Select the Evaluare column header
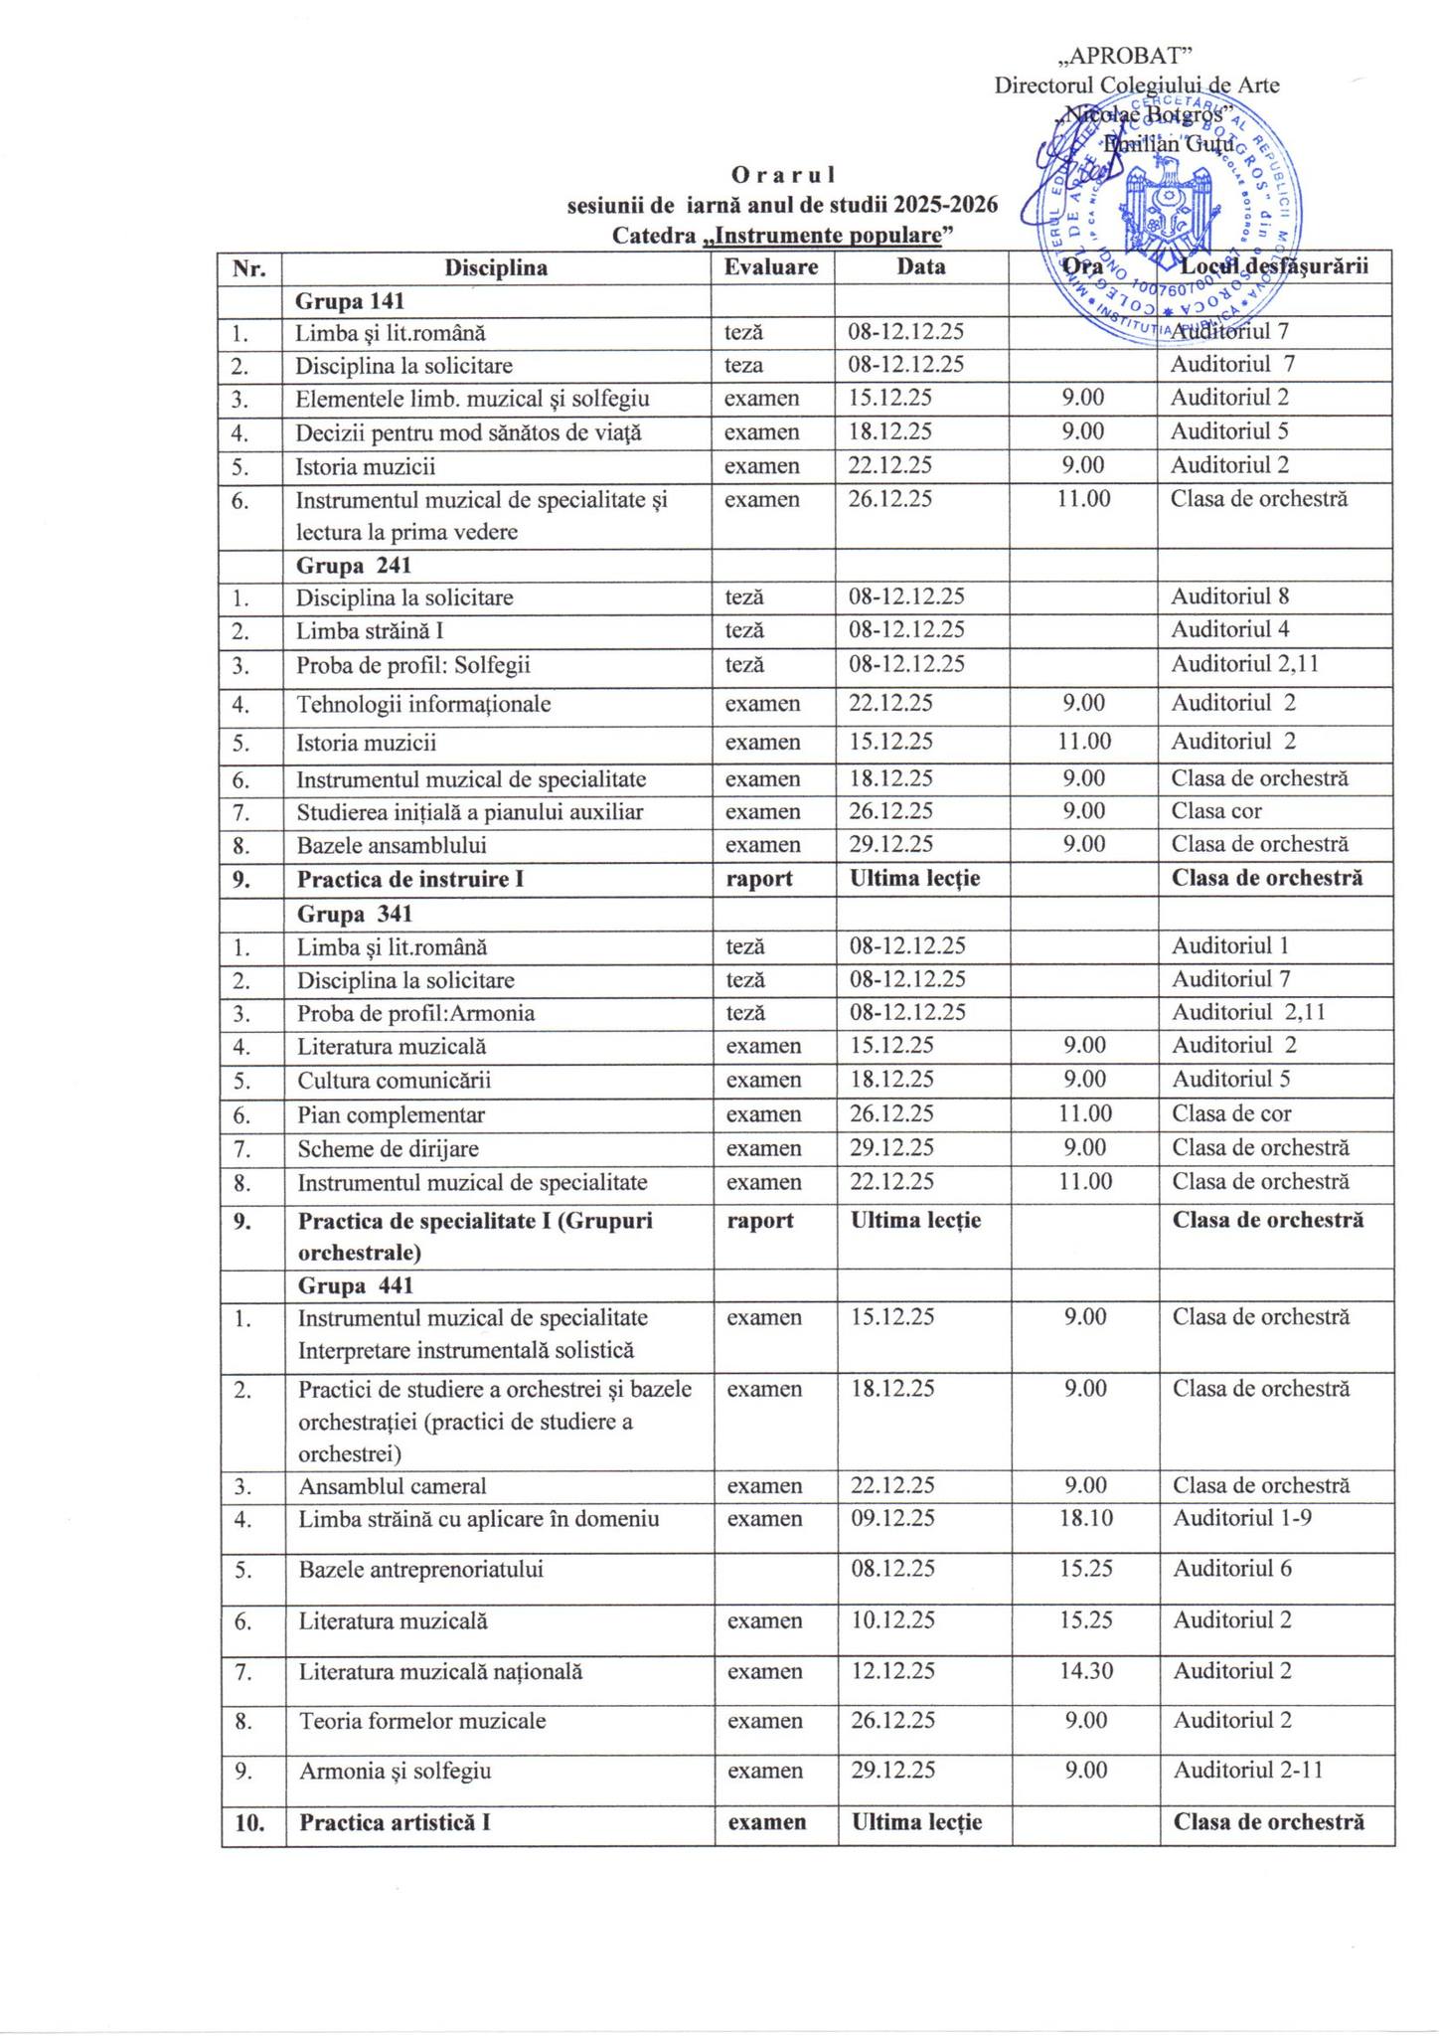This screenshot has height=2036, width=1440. pyautogui.click(x=771, y=266)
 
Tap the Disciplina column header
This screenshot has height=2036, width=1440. pyautogui.click(x=496, y=267)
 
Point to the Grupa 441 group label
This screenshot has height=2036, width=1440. pyautogui.click(x=355, y=1285)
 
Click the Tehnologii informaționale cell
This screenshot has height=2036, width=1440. pyautogui.click(x=423, y=705)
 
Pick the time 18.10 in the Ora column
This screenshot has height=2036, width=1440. pyautogui.click(x=1085, y=1518)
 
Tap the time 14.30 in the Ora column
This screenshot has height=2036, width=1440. pyautogui.click(x=1085, y=1671)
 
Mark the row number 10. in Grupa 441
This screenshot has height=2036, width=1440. pyautogui.click(x=252, y=1822)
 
